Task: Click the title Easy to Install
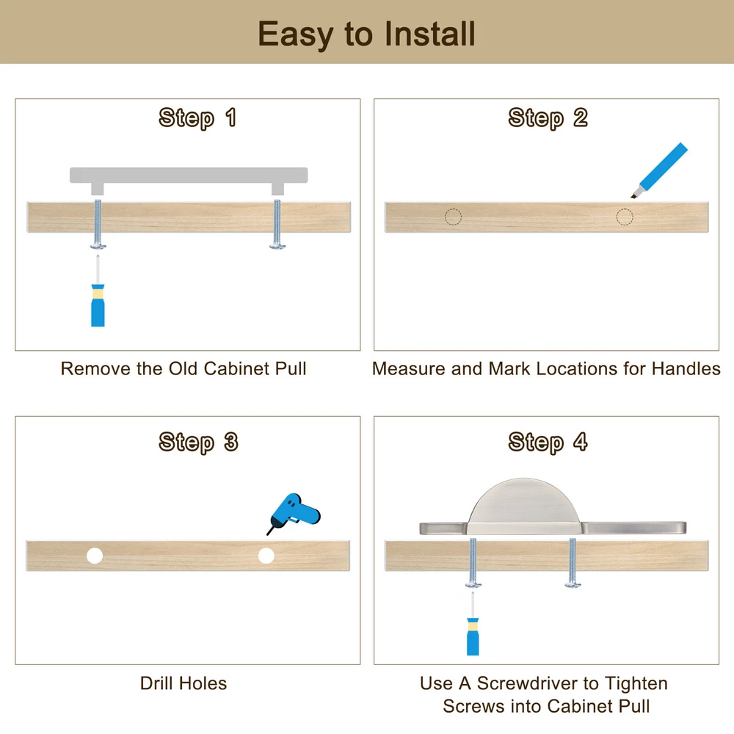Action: click(x=366, y=34)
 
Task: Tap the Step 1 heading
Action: click(x=197, y=117)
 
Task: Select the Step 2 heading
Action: click(x=548, y=117)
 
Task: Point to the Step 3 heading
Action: click(x=198, y=443)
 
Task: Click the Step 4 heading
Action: click(x=548, y=443)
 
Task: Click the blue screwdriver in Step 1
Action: click(x=98, y=299)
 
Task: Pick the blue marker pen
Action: click(x=659, y=170)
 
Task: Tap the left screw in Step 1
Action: click(x=98, y=224)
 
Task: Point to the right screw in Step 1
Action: click(x=277, y=224)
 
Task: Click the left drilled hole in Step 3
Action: click(x=95, y=556)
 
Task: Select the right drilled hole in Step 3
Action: click(x=266, y=556)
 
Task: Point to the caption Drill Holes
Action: click(x=183, y=683)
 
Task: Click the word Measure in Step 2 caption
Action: click(x=409, y=369)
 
